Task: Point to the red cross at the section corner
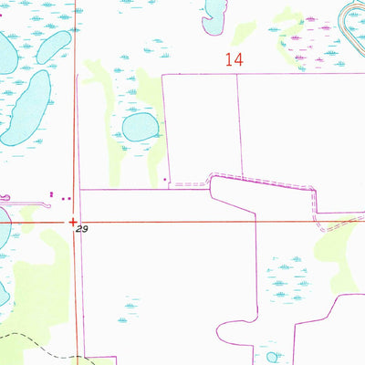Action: [73, 220]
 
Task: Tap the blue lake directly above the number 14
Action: [215, 9]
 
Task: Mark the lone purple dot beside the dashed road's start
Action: [164, 181]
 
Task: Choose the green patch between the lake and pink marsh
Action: [244, 33]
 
